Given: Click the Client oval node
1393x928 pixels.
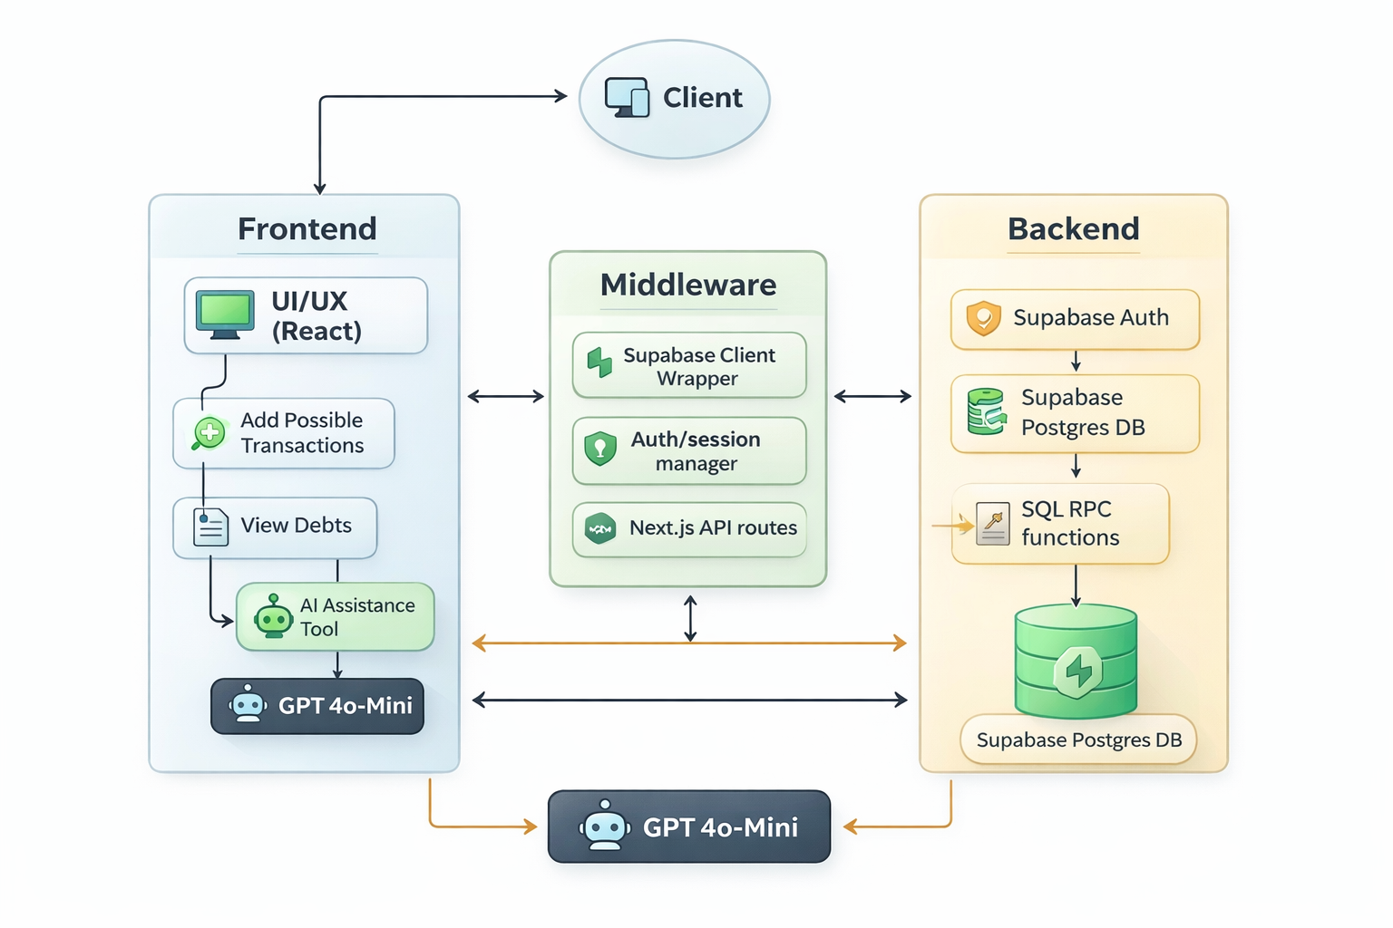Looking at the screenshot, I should (x=674, y=99).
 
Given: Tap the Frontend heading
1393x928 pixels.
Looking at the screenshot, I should (x=307, y=228).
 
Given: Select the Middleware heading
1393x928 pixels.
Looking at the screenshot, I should (x=688, y=285).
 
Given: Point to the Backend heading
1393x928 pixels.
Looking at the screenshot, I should (x=1073, y=228).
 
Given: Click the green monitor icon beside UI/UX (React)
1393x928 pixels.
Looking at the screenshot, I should (x=225, y=314).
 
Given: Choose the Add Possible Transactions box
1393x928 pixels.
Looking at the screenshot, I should (x=284, y=433).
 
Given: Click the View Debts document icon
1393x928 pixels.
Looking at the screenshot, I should (x=210, y=527).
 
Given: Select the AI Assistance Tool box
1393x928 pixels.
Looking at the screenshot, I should (x=336, y=617).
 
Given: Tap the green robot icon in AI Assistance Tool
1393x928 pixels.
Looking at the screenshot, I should (x=273, y=617).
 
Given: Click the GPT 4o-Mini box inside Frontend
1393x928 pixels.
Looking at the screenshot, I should (x=317, y=706).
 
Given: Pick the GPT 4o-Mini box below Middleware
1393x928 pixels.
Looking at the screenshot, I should (x=689, y=826).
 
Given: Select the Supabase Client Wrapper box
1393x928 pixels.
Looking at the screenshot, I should (x=689, y=366).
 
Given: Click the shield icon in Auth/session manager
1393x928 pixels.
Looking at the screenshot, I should (x=600, y=449).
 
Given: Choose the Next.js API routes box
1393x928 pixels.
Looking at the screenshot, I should (x=689, y=528).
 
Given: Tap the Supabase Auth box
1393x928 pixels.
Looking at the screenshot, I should (x=1075, y=319).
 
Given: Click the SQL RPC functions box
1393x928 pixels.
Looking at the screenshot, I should (x=1060, y=524).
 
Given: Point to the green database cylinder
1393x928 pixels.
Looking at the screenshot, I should (x=1076, y=662).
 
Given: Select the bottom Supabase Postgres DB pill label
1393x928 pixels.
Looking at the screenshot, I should (x=1078, y=740).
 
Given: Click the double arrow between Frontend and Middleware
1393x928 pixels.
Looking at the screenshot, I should (x=506, y=396).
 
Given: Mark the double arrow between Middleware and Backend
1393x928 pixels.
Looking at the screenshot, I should (x=872, y=396).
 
